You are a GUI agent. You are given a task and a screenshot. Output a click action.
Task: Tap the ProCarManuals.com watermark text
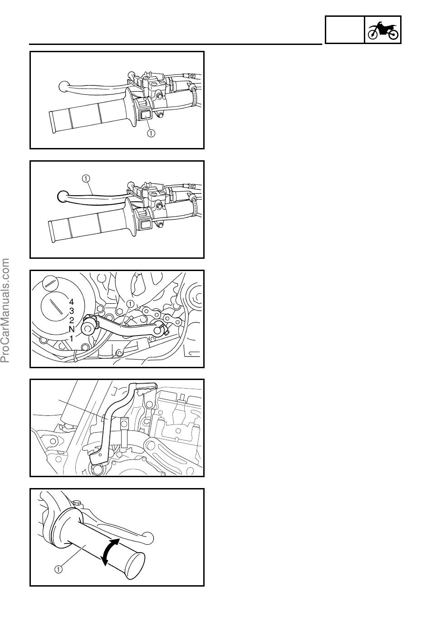[5, 311]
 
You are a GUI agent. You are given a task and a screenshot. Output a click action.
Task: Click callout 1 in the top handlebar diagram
[151, 133]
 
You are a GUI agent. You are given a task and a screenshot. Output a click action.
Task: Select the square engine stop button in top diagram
[144, 114]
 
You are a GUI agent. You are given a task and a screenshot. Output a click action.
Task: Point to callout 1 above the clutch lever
[86, 178]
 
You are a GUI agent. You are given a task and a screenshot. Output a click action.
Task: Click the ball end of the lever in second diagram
[63, 196]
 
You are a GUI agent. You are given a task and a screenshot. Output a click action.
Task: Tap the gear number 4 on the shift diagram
[72, 301]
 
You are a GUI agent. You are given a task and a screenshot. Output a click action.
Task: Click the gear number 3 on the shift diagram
[72, 311]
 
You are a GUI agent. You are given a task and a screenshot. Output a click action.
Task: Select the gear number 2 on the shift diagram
[72, 320]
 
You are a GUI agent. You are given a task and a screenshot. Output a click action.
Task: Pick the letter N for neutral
[72, 329]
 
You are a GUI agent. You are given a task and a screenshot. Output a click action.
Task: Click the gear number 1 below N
[72, 339]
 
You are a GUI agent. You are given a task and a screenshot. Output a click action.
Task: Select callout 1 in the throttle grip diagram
[58, 569]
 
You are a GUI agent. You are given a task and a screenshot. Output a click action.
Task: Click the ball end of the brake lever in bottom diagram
[147, 538]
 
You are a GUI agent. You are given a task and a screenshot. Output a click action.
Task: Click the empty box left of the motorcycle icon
[344, 30]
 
